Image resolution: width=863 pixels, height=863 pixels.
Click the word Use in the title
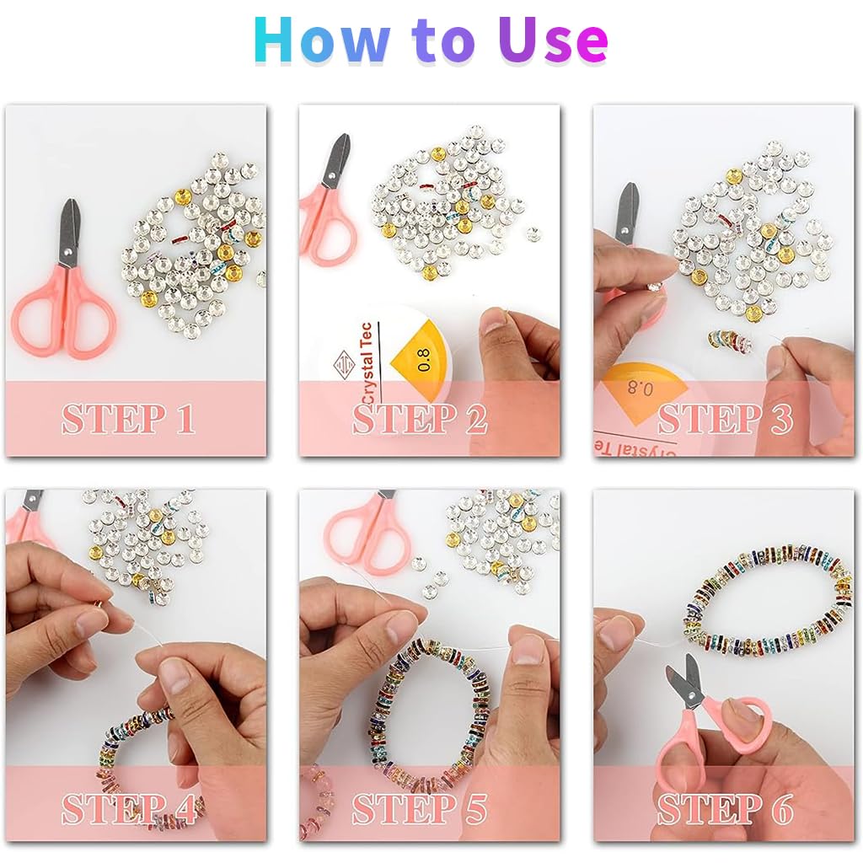552,40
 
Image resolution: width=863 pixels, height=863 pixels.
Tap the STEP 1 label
128,420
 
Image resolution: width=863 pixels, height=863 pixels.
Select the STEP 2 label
420,420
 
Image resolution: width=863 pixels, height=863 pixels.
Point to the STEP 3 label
725,420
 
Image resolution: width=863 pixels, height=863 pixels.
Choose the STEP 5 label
420,809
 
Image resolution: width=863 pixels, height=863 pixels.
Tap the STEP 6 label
725,809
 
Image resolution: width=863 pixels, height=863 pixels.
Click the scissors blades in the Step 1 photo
68,229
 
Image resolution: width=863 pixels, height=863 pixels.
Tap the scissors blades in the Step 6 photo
685,680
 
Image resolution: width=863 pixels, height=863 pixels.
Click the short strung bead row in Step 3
730,340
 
